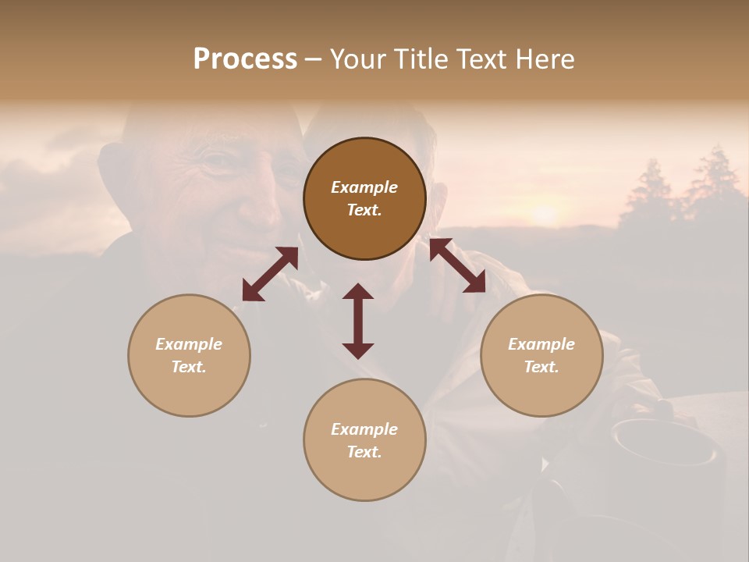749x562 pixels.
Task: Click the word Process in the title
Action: pyautogui.click(x=245, y=59)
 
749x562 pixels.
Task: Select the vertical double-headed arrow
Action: pyautogui.click(x=358, y=321)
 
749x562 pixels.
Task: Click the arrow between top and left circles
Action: pyautogui.click(x=270, y=274)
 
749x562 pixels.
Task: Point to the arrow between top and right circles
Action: pyautogui.click(x=457, y=266)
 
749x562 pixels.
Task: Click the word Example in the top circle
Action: pyautogui.click(x=364, y=187)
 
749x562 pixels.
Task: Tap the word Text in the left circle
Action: pyautogui.click(x=189, y=367)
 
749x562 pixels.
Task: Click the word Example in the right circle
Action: pyautogui.click(x=541, y=344)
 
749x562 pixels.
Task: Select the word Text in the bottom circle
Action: pyautogui.click(x=364, y=452)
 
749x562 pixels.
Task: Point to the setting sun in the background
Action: pyautogui.click(x=544, y=212)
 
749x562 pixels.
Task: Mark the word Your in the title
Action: pyautogui.click(x=357, y=59)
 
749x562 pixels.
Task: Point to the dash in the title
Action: pyautogui.click(x=313, y=60)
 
